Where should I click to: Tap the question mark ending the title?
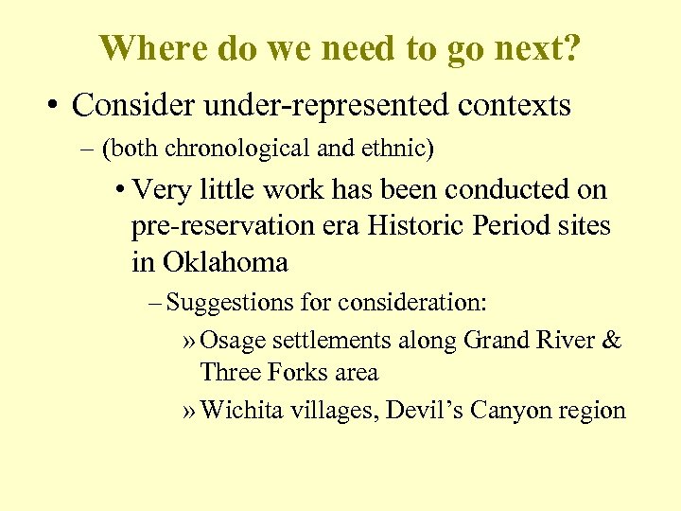tap(573, 47)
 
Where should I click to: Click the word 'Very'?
tap(165, 190)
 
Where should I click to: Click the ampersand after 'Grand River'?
tap(612, 340)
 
